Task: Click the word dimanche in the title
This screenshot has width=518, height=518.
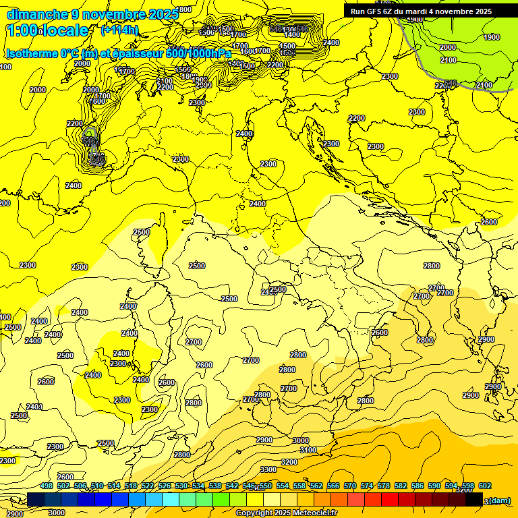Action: click(x=31, y=14)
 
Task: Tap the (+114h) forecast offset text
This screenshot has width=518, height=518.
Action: click(x=119, y=30)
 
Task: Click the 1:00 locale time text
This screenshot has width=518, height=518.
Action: click(x=47, y=30)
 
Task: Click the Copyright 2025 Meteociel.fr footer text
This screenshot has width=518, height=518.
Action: click(x=287, y=513)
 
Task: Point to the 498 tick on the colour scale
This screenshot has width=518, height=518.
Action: click(x=47, y=486)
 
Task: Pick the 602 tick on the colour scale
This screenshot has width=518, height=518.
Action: click(x=485, y=486)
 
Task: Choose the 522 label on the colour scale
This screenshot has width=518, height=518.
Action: click(x=148, y=486)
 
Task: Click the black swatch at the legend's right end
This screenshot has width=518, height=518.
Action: click(x=474, y=500)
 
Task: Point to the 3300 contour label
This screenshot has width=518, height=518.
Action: click(x=268, y=469)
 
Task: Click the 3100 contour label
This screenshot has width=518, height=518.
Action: click(x=308, y=450)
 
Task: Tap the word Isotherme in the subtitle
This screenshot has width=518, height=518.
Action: click(x=31, y=53)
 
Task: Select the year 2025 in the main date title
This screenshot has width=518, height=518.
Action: click(x=164, y=14)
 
